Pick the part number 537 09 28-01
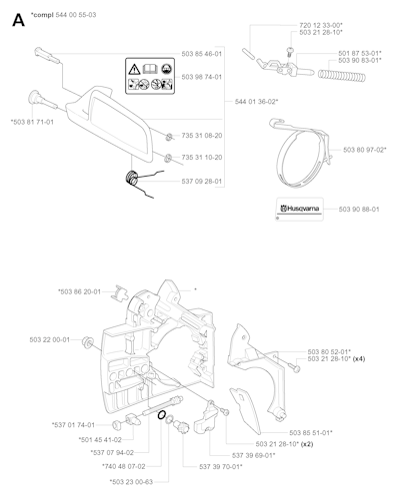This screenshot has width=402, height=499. point(202,182)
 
